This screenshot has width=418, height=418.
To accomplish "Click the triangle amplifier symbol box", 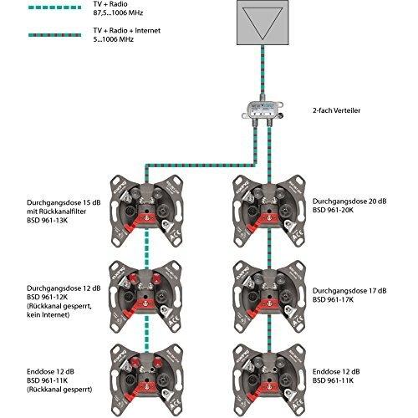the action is (263, 23).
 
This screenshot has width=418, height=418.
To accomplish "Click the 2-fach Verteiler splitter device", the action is (263, 111).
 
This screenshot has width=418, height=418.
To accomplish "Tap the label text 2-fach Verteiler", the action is (336, 110).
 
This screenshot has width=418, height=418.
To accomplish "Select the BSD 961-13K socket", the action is (146, 211).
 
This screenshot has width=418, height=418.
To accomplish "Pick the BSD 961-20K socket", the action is (269, 211).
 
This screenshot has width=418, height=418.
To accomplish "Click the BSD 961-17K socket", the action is (269, 297).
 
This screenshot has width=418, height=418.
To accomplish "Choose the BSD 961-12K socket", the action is (145, 297).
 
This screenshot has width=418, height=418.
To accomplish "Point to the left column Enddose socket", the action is (146, 380).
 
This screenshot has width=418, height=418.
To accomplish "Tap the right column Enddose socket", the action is (269, 380).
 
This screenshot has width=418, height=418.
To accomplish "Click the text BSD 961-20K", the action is (333, 210).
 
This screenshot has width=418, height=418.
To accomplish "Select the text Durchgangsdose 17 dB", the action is (349, 291).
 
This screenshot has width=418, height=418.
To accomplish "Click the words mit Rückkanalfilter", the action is (57, 212).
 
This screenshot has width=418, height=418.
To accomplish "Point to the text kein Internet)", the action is (48, 315).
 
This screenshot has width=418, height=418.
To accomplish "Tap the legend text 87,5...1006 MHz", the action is (118, 13).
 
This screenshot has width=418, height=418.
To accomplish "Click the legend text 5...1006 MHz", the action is (114, 39).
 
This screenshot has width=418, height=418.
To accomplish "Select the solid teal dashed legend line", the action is (54, 8).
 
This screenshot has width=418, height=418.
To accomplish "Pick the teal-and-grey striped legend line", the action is (54, 35).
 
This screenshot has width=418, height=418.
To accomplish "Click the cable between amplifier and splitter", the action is (263, 70).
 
